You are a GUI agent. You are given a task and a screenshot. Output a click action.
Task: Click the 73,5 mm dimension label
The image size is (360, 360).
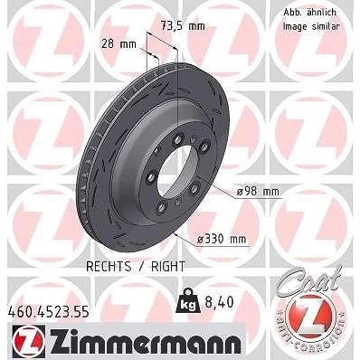(x=183, y=26)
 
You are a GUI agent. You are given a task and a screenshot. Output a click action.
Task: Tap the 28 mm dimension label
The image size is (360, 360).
(x=118, y=44)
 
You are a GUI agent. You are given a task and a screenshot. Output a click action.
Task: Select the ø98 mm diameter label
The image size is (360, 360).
(x=258, y=192)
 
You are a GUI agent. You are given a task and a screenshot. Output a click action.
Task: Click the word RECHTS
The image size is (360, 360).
(x=109, y=267)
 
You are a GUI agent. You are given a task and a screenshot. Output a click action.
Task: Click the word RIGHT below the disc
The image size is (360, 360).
(x=168, y=267)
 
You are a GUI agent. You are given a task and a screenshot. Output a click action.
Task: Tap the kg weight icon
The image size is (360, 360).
(x=188, y=301)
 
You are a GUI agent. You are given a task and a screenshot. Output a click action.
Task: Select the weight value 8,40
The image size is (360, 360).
(x=219, y=302)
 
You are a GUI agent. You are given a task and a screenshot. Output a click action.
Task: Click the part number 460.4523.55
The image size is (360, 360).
(x=48, y=312)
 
